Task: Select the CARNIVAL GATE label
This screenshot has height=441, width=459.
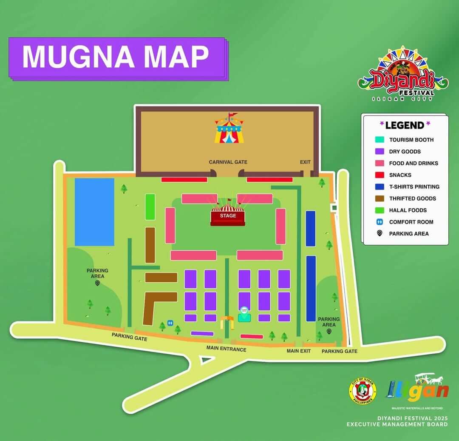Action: pyautogui.click(x=228, y=162)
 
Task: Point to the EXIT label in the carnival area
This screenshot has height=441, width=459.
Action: pyautogui.click(x=305, y=162)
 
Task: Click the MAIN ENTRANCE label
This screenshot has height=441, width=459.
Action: pyautogui.click(x=226, y=349)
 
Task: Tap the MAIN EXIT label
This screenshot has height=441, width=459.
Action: pyautogui.click(x=298, y=351)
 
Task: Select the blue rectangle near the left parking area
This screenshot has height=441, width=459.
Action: pyautogui.click(x=94, y=212)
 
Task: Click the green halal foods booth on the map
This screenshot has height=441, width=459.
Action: pyautogui.click(x=150, y=207)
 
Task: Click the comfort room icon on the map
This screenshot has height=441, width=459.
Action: pyautogui.click(x=170, y=323)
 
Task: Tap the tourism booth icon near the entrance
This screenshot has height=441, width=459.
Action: pyautogui.click(x=244, y=315)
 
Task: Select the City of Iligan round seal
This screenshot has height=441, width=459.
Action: pyautogui.click(x=363, y=390)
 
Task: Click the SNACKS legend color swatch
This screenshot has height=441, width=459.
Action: pyautogui.click(x=380, y=175)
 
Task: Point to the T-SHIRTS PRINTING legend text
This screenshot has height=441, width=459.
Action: pyautogui.click(x=414, y=186)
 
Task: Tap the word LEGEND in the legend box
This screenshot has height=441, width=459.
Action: pyautogui.click(x=405, y=125)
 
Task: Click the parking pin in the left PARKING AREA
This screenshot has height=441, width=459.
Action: pyautogui.click(x=97, y=283)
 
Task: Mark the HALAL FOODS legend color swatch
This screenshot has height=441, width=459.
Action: pyautogui.click(x=380, y=210)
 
